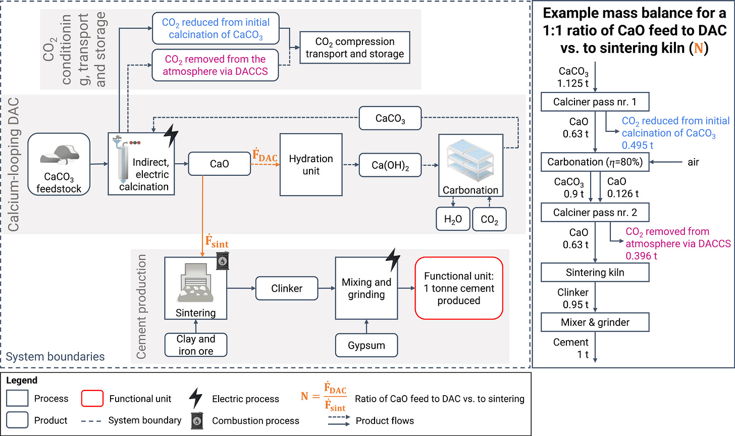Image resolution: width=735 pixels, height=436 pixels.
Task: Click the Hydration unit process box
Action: coord(311,165)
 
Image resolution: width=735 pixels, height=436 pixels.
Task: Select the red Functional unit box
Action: coord(459,288)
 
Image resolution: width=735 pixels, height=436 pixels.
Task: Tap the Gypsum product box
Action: coord(366,345)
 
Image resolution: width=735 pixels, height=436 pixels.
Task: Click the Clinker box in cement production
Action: coord(287,288)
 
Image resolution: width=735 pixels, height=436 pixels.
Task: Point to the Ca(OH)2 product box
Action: coord(390,165)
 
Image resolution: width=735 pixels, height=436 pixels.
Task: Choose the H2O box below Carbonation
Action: coord(453,219)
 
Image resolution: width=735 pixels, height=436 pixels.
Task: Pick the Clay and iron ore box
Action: coord(196,345)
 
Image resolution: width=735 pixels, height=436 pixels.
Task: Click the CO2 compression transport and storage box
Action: coord(355,47)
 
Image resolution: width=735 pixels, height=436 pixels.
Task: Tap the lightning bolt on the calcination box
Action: coord(171,135)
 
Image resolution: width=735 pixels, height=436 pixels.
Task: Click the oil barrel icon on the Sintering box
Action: coord(223,261)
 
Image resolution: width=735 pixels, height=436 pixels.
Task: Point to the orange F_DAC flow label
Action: coord(265,155)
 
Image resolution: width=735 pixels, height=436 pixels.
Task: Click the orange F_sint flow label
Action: coord(217,241)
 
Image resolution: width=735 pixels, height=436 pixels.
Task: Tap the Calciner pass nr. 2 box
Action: coord(595,212)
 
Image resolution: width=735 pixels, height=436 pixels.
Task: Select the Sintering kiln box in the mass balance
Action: coord(595,272)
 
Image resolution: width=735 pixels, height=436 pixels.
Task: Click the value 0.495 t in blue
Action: coord(638,145)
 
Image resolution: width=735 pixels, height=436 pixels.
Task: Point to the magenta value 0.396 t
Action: coord(641,256)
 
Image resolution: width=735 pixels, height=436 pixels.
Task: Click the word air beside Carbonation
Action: coord(693,162)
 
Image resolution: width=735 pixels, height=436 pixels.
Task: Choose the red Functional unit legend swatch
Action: coord(92,398)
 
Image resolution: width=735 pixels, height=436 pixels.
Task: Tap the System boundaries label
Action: coord(55,357)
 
